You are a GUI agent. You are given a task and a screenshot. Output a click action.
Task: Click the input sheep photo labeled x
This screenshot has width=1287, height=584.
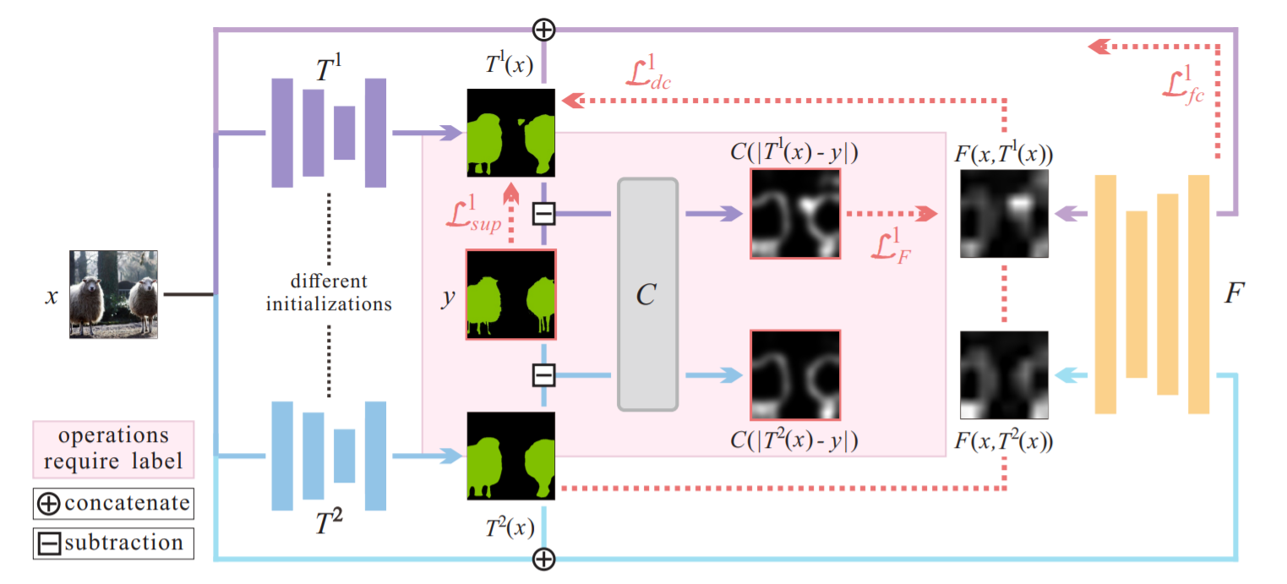point(113,294)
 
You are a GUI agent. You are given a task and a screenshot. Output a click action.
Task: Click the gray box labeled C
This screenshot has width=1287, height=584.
point(647,294)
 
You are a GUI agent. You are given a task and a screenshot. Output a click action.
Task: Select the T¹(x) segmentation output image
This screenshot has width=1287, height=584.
point(511,133)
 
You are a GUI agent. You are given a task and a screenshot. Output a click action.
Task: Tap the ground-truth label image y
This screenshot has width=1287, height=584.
point(510,294)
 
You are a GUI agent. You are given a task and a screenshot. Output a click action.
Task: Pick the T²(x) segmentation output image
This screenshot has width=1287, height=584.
point(511,456)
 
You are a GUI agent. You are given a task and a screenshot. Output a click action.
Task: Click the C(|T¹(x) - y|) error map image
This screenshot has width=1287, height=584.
point(795,213)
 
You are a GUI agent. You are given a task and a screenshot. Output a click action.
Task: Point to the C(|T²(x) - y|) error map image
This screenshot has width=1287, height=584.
point(795,374)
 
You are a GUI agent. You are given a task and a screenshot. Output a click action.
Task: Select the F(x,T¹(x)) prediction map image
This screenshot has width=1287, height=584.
point(1004,213)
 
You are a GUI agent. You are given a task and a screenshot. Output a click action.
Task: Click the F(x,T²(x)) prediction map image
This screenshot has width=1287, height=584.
point(1004,375)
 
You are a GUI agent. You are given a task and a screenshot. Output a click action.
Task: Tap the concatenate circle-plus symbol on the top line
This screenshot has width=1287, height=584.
point(544,30)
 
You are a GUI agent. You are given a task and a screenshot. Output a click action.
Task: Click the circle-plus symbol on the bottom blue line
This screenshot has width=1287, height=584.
point(544,559)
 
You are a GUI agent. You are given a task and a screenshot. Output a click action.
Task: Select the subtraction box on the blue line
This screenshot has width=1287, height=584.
point(543,374)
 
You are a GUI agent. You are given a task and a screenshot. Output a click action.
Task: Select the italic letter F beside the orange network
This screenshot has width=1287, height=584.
point(1234,293)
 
